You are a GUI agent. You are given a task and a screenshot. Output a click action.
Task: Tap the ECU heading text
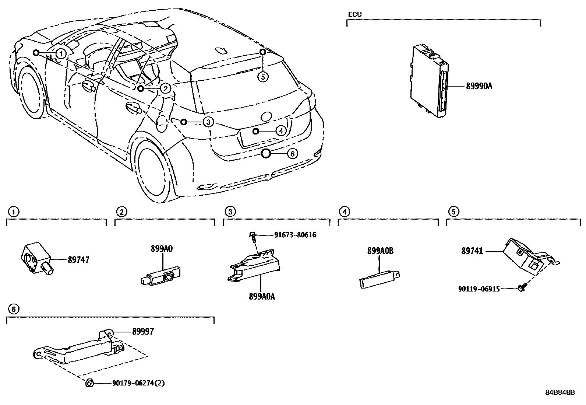[x=355, y=15]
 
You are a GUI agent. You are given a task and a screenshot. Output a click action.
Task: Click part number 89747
[x=78, y=260]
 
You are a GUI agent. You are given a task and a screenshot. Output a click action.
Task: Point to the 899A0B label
[x=380, y=251]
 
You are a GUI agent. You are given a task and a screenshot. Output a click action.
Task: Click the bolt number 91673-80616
[x=295, y=235]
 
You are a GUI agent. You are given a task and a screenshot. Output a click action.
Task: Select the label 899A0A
[x=262, y=296]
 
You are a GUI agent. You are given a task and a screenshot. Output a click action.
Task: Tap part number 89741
[x=473, y=251]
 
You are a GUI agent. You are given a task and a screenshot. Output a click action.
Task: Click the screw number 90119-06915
[x=479, y=289]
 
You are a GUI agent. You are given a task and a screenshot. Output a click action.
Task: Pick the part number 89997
[x=143, y=332]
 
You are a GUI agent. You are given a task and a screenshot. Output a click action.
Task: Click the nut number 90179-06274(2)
[x=138, y=383]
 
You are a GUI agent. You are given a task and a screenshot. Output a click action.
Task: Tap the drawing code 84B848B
[x=560, y=392]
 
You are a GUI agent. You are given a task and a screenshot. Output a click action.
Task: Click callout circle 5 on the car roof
[x=263, y=77]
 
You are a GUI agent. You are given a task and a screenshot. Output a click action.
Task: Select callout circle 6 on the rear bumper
[x=292, y=154]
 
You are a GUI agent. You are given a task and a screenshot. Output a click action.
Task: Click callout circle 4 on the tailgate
[x=281, y=131]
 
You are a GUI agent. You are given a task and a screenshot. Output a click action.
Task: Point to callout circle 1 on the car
[x=61, y=54]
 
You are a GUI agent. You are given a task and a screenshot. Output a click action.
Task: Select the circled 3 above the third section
[x=230, y=212]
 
